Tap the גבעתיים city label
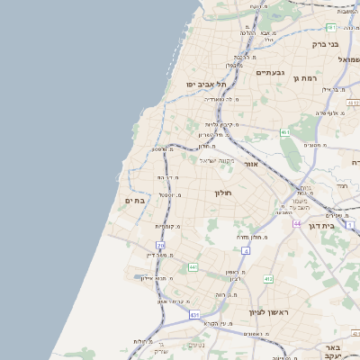pos(270,72)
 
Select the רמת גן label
pos(308,78)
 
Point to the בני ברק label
pos(325,43)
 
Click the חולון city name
pos(223,193)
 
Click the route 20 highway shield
pos(161,245)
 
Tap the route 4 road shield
pos(246,250)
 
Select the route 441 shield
pos(193,267)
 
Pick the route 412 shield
pos(268,279)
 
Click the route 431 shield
pos(194,315)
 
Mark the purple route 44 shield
pos(295,223)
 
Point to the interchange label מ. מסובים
pos(315,144)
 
